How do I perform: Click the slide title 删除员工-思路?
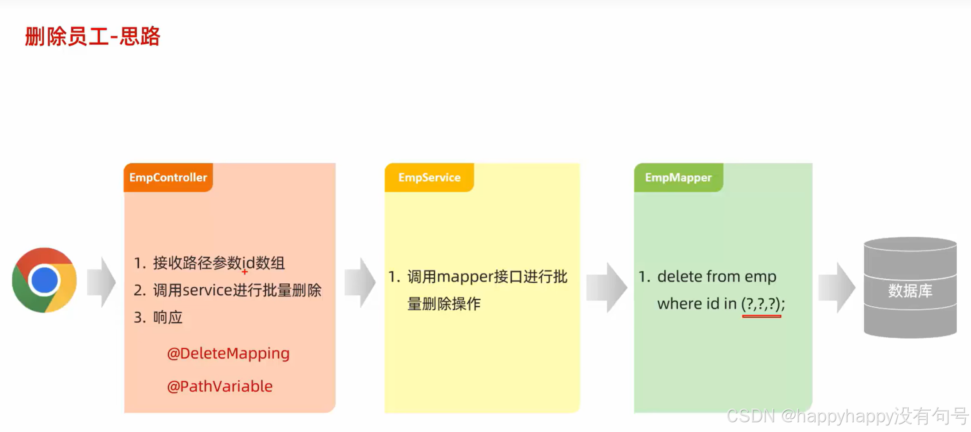[93, 36]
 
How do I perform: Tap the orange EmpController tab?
[168, 177]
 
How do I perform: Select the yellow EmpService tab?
[429, 177]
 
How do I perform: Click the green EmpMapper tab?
[678, 177]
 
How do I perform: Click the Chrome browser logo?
[44, 280]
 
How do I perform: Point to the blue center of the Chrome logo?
[44, 280]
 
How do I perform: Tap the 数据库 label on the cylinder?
[910, 291]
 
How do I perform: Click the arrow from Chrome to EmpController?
[102, 282]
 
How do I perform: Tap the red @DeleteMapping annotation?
[228, 353]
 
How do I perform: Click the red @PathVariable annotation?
[220, 386]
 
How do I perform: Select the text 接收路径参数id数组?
[219, 263]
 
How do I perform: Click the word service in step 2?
[207, 290]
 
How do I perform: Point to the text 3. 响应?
[159, 317]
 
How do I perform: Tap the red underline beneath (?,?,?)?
[761, 316]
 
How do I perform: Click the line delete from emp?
[716, 277]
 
